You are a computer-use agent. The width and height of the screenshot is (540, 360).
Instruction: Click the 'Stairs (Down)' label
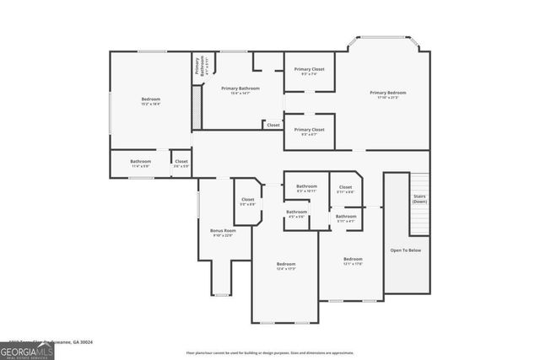point(419,199)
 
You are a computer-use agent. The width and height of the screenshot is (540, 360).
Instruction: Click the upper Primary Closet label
point(309,71)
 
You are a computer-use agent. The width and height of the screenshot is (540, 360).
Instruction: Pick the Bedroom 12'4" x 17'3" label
point(286,266)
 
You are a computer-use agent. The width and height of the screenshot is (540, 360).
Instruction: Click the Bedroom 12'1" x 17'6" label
point(353,261)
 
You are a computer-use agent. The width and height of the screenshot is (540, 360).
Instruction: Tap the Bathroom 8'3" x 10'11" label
point(306,188)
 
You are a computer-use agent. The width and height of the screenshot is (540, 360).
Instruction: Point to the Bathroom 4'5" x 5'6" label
point(296,214)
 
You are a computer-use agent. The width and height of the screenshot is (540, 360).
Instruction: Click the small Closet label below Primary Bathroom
point(273,125)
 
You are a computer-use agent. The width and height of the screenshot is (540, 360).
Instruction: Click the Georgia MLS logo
point(27,348)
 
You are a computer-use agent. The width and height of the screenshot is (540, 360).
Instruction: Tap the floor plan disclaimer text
point(270,352)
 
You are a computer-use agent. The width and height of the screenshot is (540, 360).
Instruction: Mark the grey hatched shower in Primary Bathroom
point(197,106)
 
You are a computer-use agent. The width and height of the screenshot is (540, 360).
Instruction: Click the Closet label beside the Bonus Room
point(247,201)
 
